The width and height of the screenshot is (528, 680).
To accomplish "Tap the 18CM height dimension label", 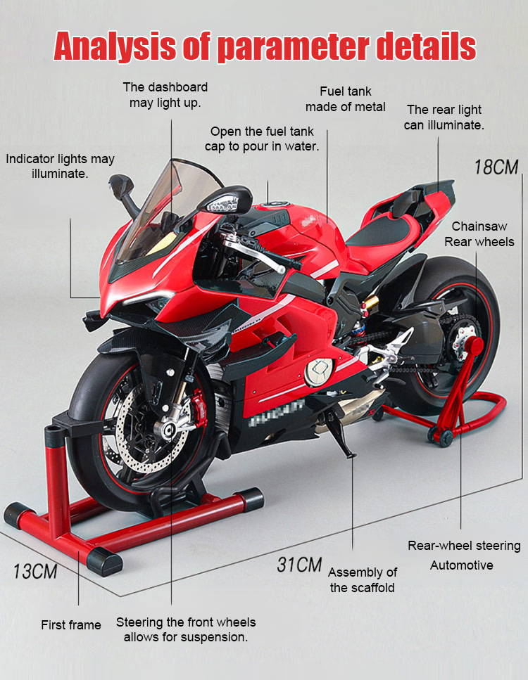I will [496, 167].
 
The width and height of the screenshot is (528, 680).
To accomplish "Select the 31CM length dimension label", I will [298, 565].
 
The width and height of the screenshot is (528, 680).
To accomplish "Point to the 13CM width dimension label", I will [35, 570].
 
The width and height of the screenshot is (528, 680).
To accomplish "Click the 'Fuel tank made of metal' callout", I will [345, 99].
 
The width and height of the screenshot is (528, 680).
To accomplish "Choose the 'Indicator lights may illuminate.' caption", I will [60, 166].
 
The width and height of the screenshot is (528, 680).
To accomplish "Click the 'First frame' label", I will [70, 625].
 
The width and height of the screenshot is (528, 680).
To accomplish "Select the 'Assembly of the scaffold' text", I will [363, 580].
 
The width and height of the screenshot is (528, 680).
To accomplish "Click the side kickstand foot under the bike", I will [349, 451].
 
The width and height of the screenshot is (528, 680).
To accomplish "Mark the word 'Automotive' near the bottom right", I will [461, 565].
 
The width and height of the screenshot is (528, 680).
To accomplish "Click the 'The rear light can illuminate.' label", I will [444, 117].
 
